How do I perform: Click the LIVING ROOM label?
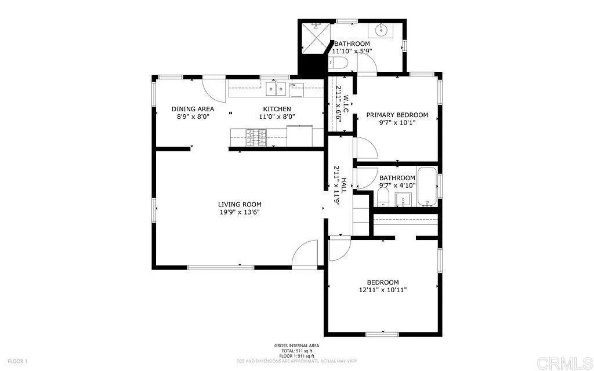tap(240, 204)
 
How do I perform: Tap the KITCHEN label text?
tap(277, 109)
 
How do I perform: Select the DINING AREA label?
tap(193, 109)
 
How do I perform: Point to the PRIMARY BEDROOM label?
tap(397, 115)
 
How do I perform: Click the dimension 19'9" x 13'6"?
tap(240, 212)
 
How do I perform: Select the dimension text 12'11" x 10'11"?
tap(383, 290)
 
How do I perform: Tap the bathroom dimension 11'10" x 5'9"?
tap(352, 51)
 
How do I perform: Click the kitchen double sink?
tap(277, 89)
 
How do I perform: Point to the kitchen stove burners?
tap(256, 137)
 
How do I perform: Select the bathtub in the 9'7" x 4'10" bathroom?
tap(427, 187)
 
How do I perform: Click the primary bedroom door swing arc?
tap(367, 148)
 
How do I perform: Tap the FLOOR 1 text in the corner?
tap(17, 361)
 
